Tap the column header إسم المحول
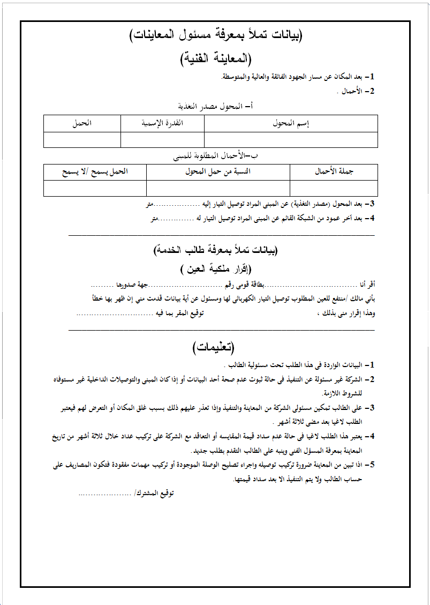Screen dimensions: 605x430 point(291,123)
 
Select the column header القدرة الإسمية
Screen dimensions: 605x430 point(162,123)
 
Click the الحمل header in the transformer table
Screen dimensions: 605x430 point(82,123)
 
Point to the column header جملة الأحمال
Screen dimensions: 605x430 point(334,171)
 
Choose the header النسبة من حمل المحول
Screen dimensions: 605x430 point(218,171)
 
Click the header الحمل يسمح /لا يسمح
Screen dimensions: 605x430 point(95,171)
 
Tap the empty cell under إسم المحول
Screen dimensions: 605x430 point(291,139)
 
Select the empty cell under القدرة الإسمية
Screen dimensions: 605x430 point(162,139)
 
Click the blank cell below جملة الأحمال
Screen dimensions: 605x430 point(334,188)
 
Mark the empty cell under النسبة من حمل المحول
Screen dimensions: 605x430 point(218,188)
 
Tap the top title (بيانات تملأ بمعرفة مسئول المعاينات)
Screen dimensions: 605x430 point(216,36)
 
